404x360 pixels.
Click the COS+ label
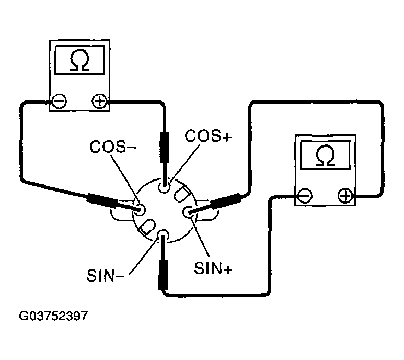tap(208, 136)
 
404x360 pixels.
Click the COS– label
tap(113, 147)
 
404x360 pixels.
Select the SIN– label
tap(106, 275)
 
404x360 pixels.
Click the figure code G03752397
tap(54, 316)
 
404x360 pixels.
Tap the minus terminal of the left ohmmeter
tap(59, 102)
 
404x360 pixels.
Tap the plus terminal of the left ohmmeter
tap(100, 101)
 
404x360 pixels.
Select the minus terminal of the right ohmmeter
tap(305, 196)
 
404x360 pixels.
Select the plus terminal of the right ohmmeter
tap(345, 196)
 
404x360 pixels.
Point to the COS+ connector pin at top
tap(164, 187)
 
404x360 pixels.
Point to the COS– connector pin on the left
tap(139, 209)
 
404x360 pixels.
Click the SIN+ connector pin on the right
tap(189, 212)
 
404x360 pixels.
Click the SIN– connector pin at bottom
tap(164, 235)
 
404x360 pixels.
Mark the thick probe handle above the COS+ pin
tap(165, 147)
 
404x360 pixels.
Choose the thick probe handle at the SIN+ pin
tap(226, 200)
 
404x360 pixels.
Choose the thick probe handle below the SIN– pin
tap(163, 275)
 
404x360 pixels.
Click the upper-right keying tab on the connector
tap(182, 194)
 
